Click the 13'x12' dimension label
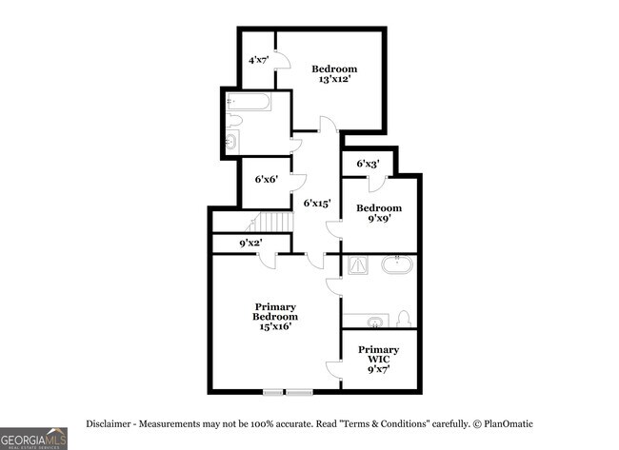(335, 80)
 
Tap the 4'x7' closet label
(258, 61)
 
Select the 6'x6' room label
(266, 178)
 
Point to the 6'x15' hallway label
(317, 203)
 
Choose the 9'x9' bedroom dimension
(379, 219)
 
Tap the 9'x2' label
(250, 244)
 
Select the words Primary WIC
(378, 355)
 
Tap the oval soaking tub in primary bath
(398, 264)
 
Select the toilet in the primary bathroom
(404, 318)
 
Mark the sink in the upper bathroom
(231, 143)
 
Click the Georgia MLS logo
(34, 439)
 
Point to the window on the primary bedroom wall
(288, 390)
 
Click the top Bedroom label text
(335, 68)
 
